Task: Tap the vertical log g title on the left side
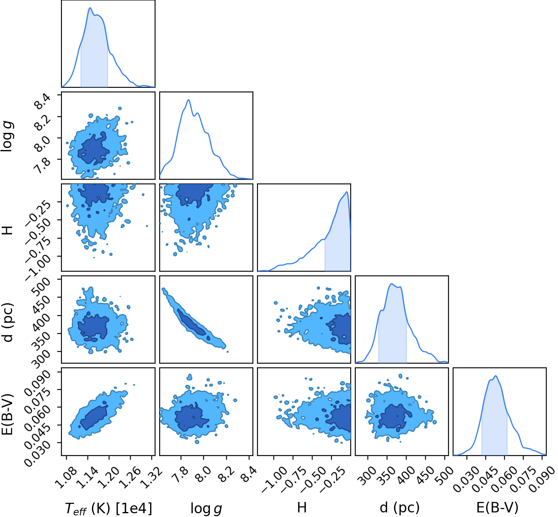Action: pos(7,136)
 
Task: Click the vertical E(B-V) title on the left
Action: pos(7,415)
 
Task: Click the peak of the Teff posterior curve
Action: pos(90,8)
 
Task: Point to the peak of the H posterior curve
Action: pos(347,192)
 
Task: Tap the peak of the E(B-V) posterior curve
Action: pos(496,376)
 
